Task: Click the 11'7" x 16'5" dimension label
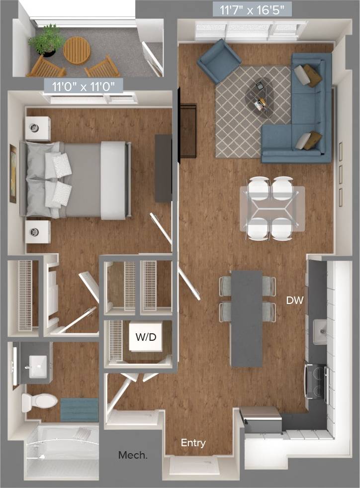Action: coord(252,9)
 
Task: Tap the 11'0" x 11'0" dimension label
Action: coord(87,86)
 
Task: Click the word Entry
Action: coord(193,443)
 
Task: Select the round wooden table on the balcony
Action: coord(77,50)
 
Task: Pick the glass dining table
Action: coord(272,208)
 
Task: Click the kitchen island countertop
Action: coord(247,318)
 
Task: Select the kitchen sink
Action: coord(321,330)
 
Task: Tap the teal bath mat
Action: coord(79,410)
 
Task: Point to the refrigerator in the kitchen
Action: coord(261,419)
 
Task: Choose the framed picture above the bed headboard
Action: coord(13,174)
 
